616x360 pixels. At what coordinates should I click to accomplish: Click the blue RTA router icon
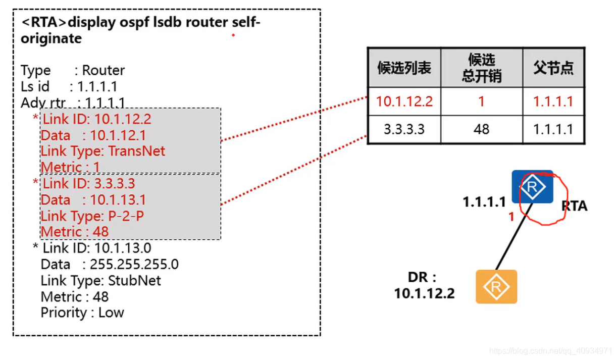[x=532, y=187]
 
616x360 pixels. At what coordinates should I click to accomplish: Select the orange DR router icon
[x=496, y=287]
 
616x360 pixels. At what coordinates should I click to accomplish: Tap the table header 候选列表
[x=404, y=68]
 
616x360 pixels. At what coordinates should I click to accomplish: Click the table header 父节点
[x=553, y=68]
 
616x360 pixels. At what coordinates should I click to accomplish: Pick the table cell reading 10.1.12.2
[x=404, y=101]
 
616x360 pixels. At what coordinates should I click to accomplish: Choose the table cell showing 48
[x=481, y=129]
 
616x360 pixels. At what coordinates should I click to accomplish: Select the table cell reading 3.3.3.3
[x=404, y=129]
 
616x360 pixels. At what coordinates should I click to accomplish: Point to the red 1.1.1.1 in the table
[x=553, y=101]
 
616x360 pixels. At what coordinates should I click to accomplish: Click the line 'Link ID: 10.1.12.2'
[x=96, y=120]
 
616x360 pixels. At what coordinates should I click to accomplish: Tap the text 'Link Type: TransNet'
[x=103, y=151]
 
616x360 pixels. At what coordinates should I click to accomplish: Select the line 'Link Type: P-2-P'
[x=92, y=216]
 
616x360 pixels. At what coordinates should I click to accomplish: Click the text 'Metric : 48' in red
[x=75, y=232]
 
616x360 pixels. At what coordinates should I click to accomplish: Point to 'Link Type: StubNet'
[x=100, y=280]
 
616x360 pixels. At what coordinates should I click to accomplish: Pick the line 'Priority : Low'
[x=82, y=313]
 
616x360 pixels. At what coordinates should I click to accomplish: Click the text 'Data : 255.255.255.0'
[x=110, y=264]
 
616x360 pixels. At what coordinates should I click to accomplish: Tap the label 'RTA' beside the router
[x=575, y=206]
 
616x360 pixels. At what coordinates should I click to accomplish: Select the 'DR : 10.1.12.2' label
[x=424, y=285]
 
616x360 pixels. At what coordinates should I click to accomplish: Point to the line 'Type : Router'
[x=72, y=70]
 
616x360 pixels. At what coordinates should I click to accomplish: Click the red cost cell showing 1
[x=481, y=101]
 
